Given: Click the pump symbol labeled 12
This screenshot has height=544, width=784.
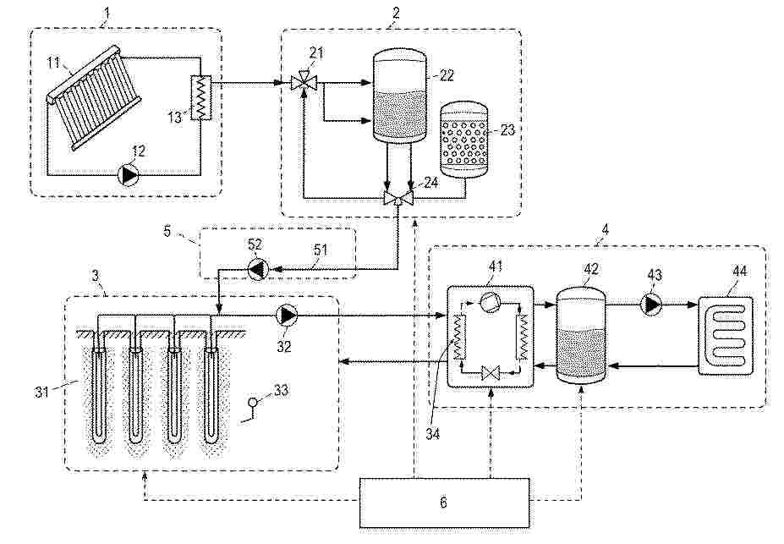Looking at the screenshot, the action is pos(129,175).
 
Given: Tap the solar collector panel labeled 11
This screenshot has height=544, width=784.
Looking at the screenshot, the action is pos(96,97).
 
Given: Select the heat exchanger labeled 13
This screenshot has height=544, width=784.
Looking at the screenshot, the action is pos(201,97).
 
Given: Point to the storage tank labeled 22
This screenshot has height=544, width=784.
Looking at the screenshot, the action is pos(400,96).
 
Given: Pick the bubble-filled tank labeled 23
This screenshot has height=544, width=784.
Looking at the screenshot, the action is pos(463,140).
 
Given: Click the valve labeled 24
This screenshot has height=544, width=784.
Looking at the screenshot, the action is pos(398,198).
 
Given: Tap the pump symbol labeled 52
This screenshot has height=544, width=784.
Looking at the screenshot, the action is pos(258,270).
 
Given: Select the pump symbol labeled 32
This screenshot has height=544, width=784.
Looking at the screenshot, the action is pos(287,316).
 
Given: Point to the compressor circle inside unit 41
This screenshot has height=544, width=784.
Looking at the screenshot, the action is pos(489,302).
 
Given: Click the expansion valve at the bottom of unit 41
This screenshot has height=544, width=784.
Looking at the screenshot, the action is pos(490,373).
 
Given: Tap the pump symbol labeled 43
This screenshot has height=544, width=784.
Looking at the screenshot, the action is pos(652,304).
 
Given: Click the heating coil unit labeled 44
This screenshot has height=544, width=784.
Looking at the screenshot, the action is pos(726,335).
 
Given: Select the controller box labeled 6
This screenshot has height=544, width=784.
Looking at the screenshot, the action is pos(444,503).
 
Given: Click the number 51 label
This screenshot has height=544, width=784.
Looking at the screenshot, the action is pos(320,249).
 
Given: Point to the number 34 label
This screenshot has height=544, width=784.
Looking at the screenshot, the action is pos(432,434).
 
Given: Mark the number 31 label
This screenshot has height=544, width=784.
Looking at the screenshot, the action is pos(42,391).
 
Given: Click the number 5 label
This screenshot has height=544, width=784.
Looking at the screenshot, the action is pos(167,231).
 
